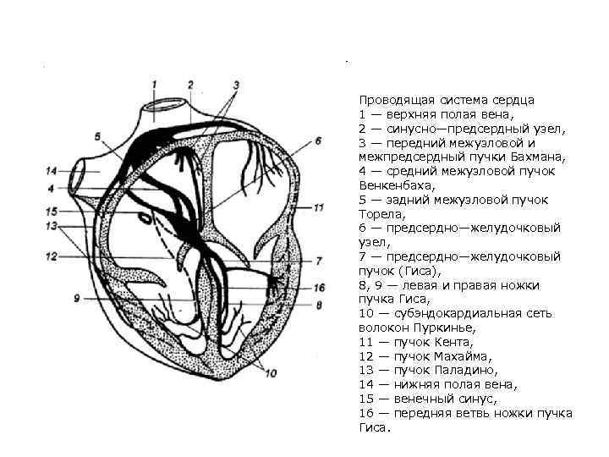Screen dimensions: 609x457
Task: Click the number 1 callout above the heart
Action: tap(155, 84)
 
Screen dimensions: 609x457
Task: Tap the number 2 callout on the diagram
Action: tap(190, 84)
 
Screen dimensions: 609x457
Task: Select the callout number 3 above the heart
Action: tap(236, 85)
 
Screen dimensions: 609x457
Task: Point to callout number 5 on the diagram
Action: tap(97, 136)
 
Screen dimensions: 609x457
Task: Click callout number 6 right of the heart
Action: tap(318, 141)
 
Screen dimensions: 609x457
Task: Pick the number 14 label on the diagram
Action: tap(52, 171)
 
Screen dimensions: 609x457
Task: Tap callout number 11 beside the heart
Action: tap(318, 206)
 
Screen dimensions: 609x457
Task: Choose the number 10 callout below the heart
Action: tap(271, 372)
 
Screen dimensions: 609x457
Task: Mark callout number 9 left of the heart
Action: tap(76, 298)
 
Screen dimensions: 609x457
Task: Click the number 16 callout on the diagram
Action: tap(319, 288)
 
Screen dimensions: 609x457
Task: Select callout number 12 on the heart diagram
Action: tap(52, 255)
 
